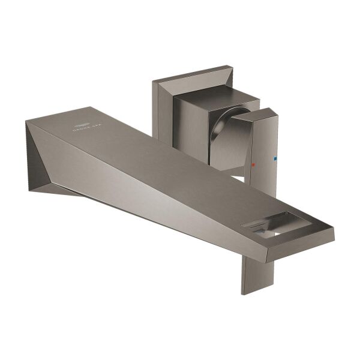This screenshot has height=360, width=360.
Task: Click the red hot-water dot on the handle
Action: coord(254,163)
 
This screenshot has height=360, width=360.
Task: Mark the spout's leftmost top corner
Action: coord(26,122)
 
